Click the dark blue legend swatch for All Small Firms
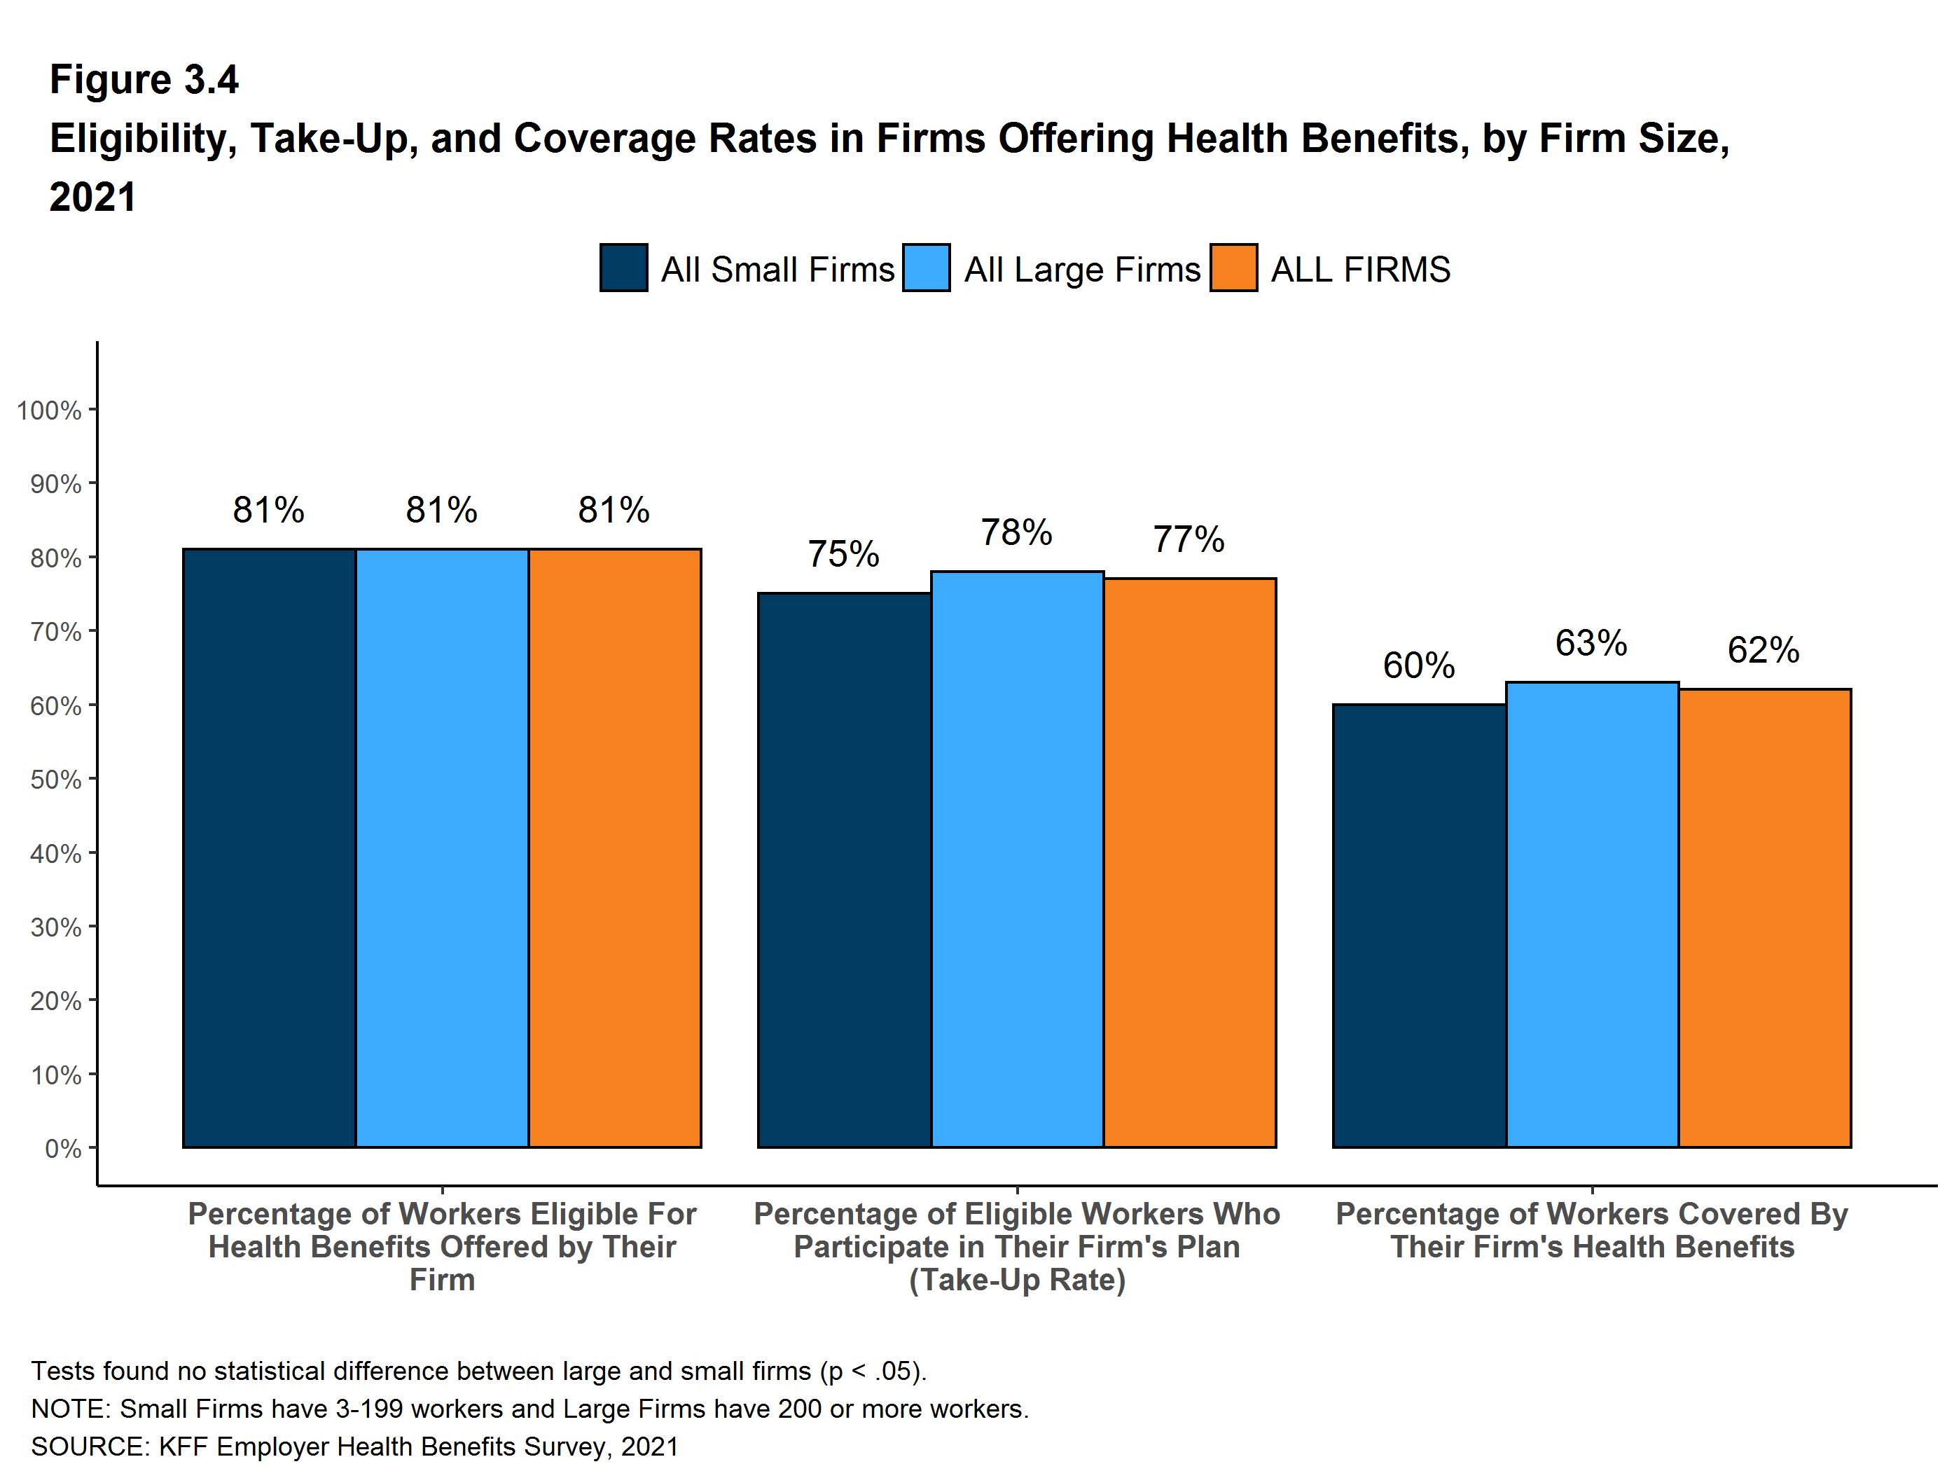623,268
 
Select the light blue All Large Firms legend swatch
926,268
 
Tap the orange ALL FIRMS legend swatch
1233,268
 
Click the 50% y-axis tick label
55,779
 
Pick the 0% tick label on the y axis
63,1149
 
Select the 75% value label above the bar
844,555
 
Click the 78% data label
1017,533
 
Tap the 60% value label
1419,666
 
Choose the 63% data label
1591,643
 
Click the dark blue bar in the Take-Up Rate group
845,870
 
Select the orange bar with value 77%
1190,863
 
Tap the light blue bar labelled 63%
1592,914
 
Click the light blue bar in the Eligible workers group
442,848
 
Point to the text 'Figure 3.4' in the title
144,80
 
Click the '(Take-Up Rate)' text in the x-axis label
1017,1280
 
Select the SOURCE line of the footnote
354,1446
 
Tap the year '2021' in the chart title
92,197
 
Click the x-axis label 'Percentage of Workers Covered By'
1591,1214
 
